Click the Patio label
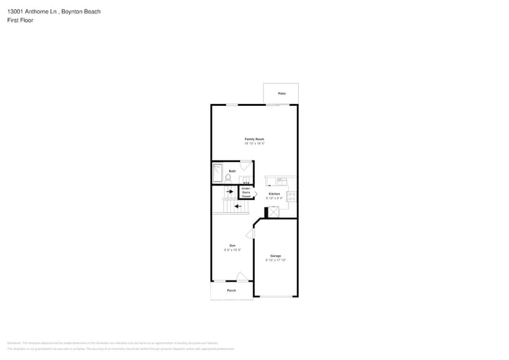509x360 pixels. coord(282,94)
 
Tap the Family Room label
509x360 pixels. coord(255,140)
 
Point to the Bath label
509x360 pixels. coord(233,171)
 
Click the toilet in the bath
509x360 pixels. coord(228,178)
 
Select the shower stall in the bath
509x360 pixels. coord(217,173)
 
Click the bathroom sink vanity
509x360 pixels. coord(245,179)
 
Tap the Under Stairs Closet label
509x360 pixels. coord(246,192)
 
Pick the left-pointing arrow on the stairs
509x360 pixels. coord(238,206)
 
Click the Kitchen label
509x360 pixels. coord(274,194)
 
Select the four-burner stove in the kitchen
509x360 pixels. coord(292,197)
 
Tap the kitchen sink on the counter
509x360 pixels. coord(281,181)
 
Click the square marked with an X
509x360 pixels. coord(274,212)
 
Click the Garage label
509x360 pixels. coord(276,256)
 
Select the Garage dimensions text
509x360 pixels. coord(276,260)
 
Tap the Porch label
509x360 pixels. coord(232,290)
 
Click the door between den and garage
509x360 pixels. coord(251,233)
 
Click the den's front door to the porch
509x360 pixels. coord(243,277)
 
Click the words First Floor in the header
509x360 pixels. coord(20,20)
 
